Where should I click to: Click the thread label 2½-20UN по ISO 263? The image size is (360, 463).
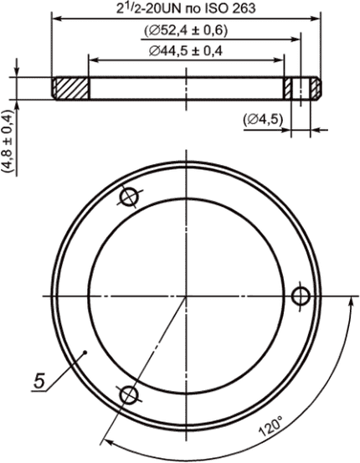[186, 8]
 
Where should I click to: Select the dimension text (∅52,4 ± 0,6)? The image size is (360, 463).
[186, 30]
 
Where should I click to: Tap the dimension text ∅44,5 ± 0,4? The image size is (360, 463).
[186, 51]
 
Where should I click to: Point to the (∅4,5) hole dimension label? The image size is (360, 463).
[263, 120]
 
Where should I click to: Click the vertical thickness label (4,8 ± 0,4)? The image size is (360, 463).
[8, 141]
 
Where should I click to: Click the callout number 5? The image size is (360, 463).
[39, 381]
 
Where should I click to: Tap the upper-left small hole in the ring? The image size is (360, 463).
[129, 198]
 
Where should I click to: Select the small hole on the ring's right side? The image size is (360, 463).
[301, 296]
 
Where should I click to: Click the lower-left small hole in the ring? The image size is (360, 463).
[129, 395]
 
